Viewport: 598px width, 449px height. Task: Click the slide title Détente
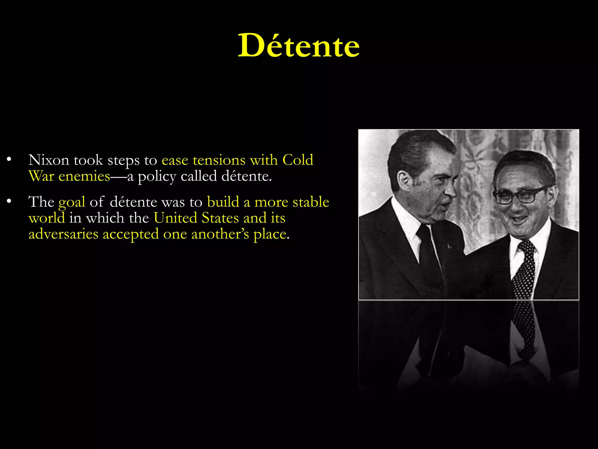pos(299,46)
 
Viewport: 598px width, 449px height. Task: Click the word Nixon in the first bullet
pos(49,160)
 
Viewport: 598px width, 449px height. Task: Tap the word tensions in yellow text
pos(219,160)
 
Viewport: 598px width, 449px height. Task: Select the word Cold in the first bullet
pos(298,160)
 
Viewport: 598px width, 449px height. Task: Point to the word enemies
pos(84,176)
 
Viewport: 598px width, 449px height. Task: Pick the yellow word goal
pos(72,202)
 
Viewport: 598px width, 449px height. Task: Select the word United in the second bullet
pos(175,218)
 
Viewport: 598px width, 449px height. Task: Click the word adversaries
pos(63,234)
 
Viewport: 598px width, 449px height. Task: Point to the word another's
pos(220,234)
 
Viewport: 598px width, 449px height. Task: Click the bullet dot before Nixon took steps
pos(9,160)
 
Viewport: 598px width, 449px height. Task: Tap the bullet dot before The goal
pos(9,201)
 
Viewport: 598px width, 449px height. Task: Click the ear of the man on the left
pos(406,180)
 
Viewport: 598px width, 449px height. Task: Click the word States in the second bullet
pos(220,218)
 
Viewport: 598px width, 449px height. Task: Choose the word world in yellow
pos(47,218)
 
